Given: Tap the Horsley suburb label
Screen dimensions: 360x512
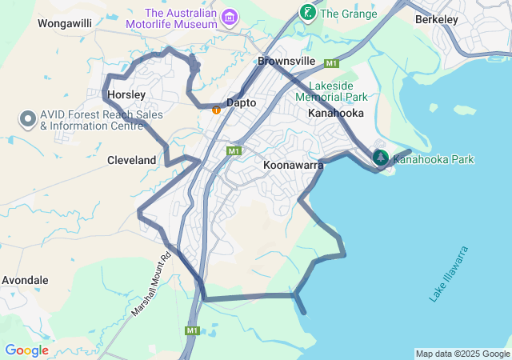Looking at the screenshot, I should [126, 95].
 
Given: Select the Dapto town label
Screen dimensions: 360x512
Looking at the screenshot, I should [241, 103].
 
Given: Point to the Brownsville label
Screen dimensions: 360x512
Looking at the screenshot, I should [286, 61].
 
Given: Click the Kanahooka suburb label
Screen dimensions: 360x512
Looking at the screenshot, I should [335, 114].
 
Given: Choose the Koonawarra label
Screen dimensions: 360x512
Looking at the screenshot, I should [293, 165].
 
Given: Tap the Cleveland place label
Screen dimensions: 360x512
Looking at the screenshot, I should [131, 160].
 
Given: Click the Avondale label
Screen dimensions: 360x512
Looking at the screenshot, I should [25, 281].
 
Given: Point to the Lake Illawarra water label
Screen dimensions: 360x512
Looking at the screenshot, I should [448, 274].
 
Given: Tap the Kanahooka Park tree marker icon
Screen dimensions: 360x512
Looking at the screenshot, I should [381, 158].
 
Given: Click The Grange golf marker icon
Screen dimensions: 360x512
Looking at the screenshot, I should [307, 12].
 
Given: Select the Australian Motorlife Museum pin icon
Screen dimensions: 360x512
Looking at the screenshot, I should [230, 16].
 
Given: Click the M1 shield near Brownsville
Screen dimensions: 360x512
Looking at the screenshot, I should [331, 63].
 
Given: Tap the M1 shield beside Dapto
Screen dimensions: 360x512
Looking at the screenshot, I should [234, 150].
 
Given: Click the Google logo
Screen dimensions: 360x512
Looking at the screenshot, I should [26, 350].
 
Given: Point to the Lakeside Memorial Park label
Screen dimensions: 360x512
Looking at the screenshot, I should [330, 90].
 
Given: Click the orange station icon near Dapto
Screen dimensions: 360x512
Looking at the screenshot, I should [216, 110].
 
